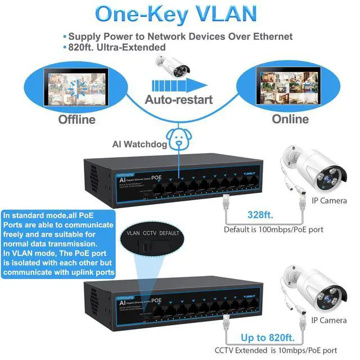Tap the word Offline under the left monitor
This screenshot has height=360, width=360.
[x=76, y=119]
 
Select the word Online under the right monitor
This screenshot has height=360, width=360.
[x=290, y=119]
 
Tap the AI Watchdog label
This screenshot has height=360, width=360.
[x=141, y=145]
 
